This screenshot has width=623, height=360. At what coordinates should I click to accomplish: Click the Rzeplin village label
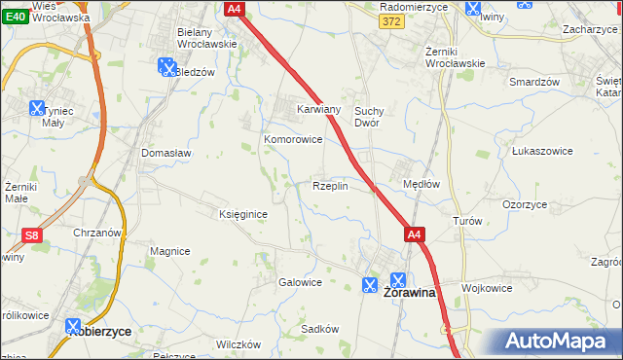click(x=330, y=186)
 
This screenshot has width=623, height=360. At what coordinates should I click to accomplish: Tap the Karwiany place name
click(x=318, y=109)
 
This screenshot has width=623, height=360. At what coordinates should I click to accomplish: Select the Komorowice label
click(x=293, y=139)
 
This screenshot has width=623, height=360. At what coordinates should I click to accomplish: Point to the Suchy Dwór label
click(x=373, y=117)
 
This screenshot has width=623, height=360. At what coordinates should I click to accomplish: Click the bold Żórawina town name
click(x=411, y=291)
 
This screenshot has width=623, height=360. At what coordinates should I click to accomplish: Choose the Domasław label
click(x=166, y=154)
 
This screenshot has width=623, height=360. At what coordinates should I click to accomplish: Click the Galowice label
click(x=300, y=282)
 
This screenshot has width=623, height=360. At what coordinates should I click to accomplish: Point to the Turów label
click(x=467, y=221)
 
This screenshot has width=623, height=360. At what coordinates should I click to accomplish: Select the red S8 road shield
click(x=31, y=235)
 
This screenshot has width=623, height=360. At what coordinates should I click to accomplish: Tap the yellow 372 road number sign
click(x=390, y=21)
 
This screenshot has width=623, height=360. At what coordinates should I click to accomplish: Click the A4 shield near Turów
click(x=415, y=234)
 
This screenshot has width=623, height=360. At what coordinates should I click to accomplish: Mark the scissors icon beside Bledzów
click(x=165, y=66)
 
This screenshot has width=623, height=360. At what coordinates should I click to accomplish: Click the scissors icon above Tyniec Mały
click(x=37, y=108)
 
